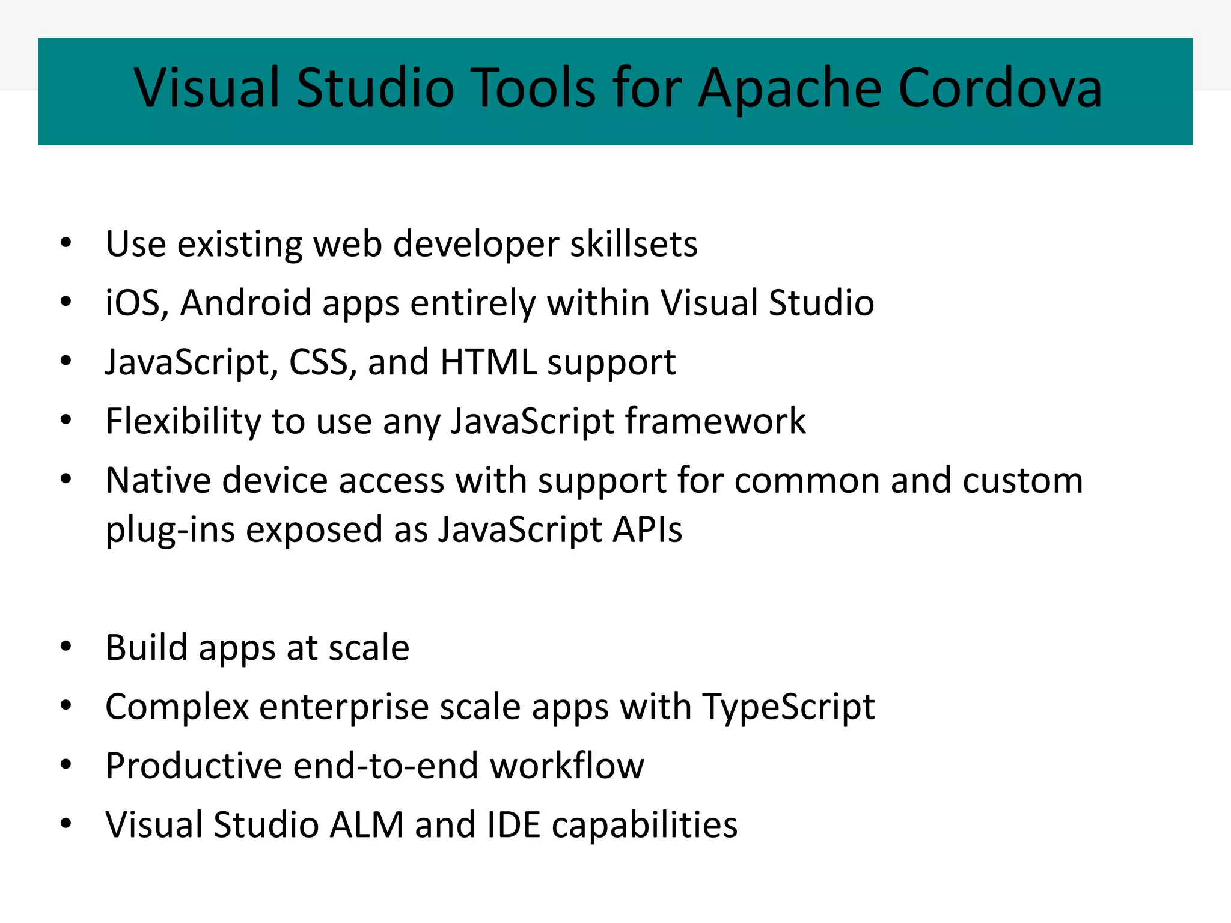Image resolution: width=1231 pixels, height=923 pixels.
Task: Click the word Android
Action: coord(245,303)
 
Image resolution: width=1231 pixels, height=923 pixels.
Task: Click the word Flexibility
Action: coord(183,421)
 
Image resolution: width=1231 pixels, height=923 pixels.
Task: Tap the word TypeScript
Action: coord(788,707)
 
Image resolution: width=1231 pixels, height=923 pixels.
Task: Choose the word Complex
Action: coord(177,707)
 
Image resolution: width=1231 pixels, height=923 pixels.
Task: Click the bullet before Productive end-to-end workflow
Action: coord(66,764)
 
